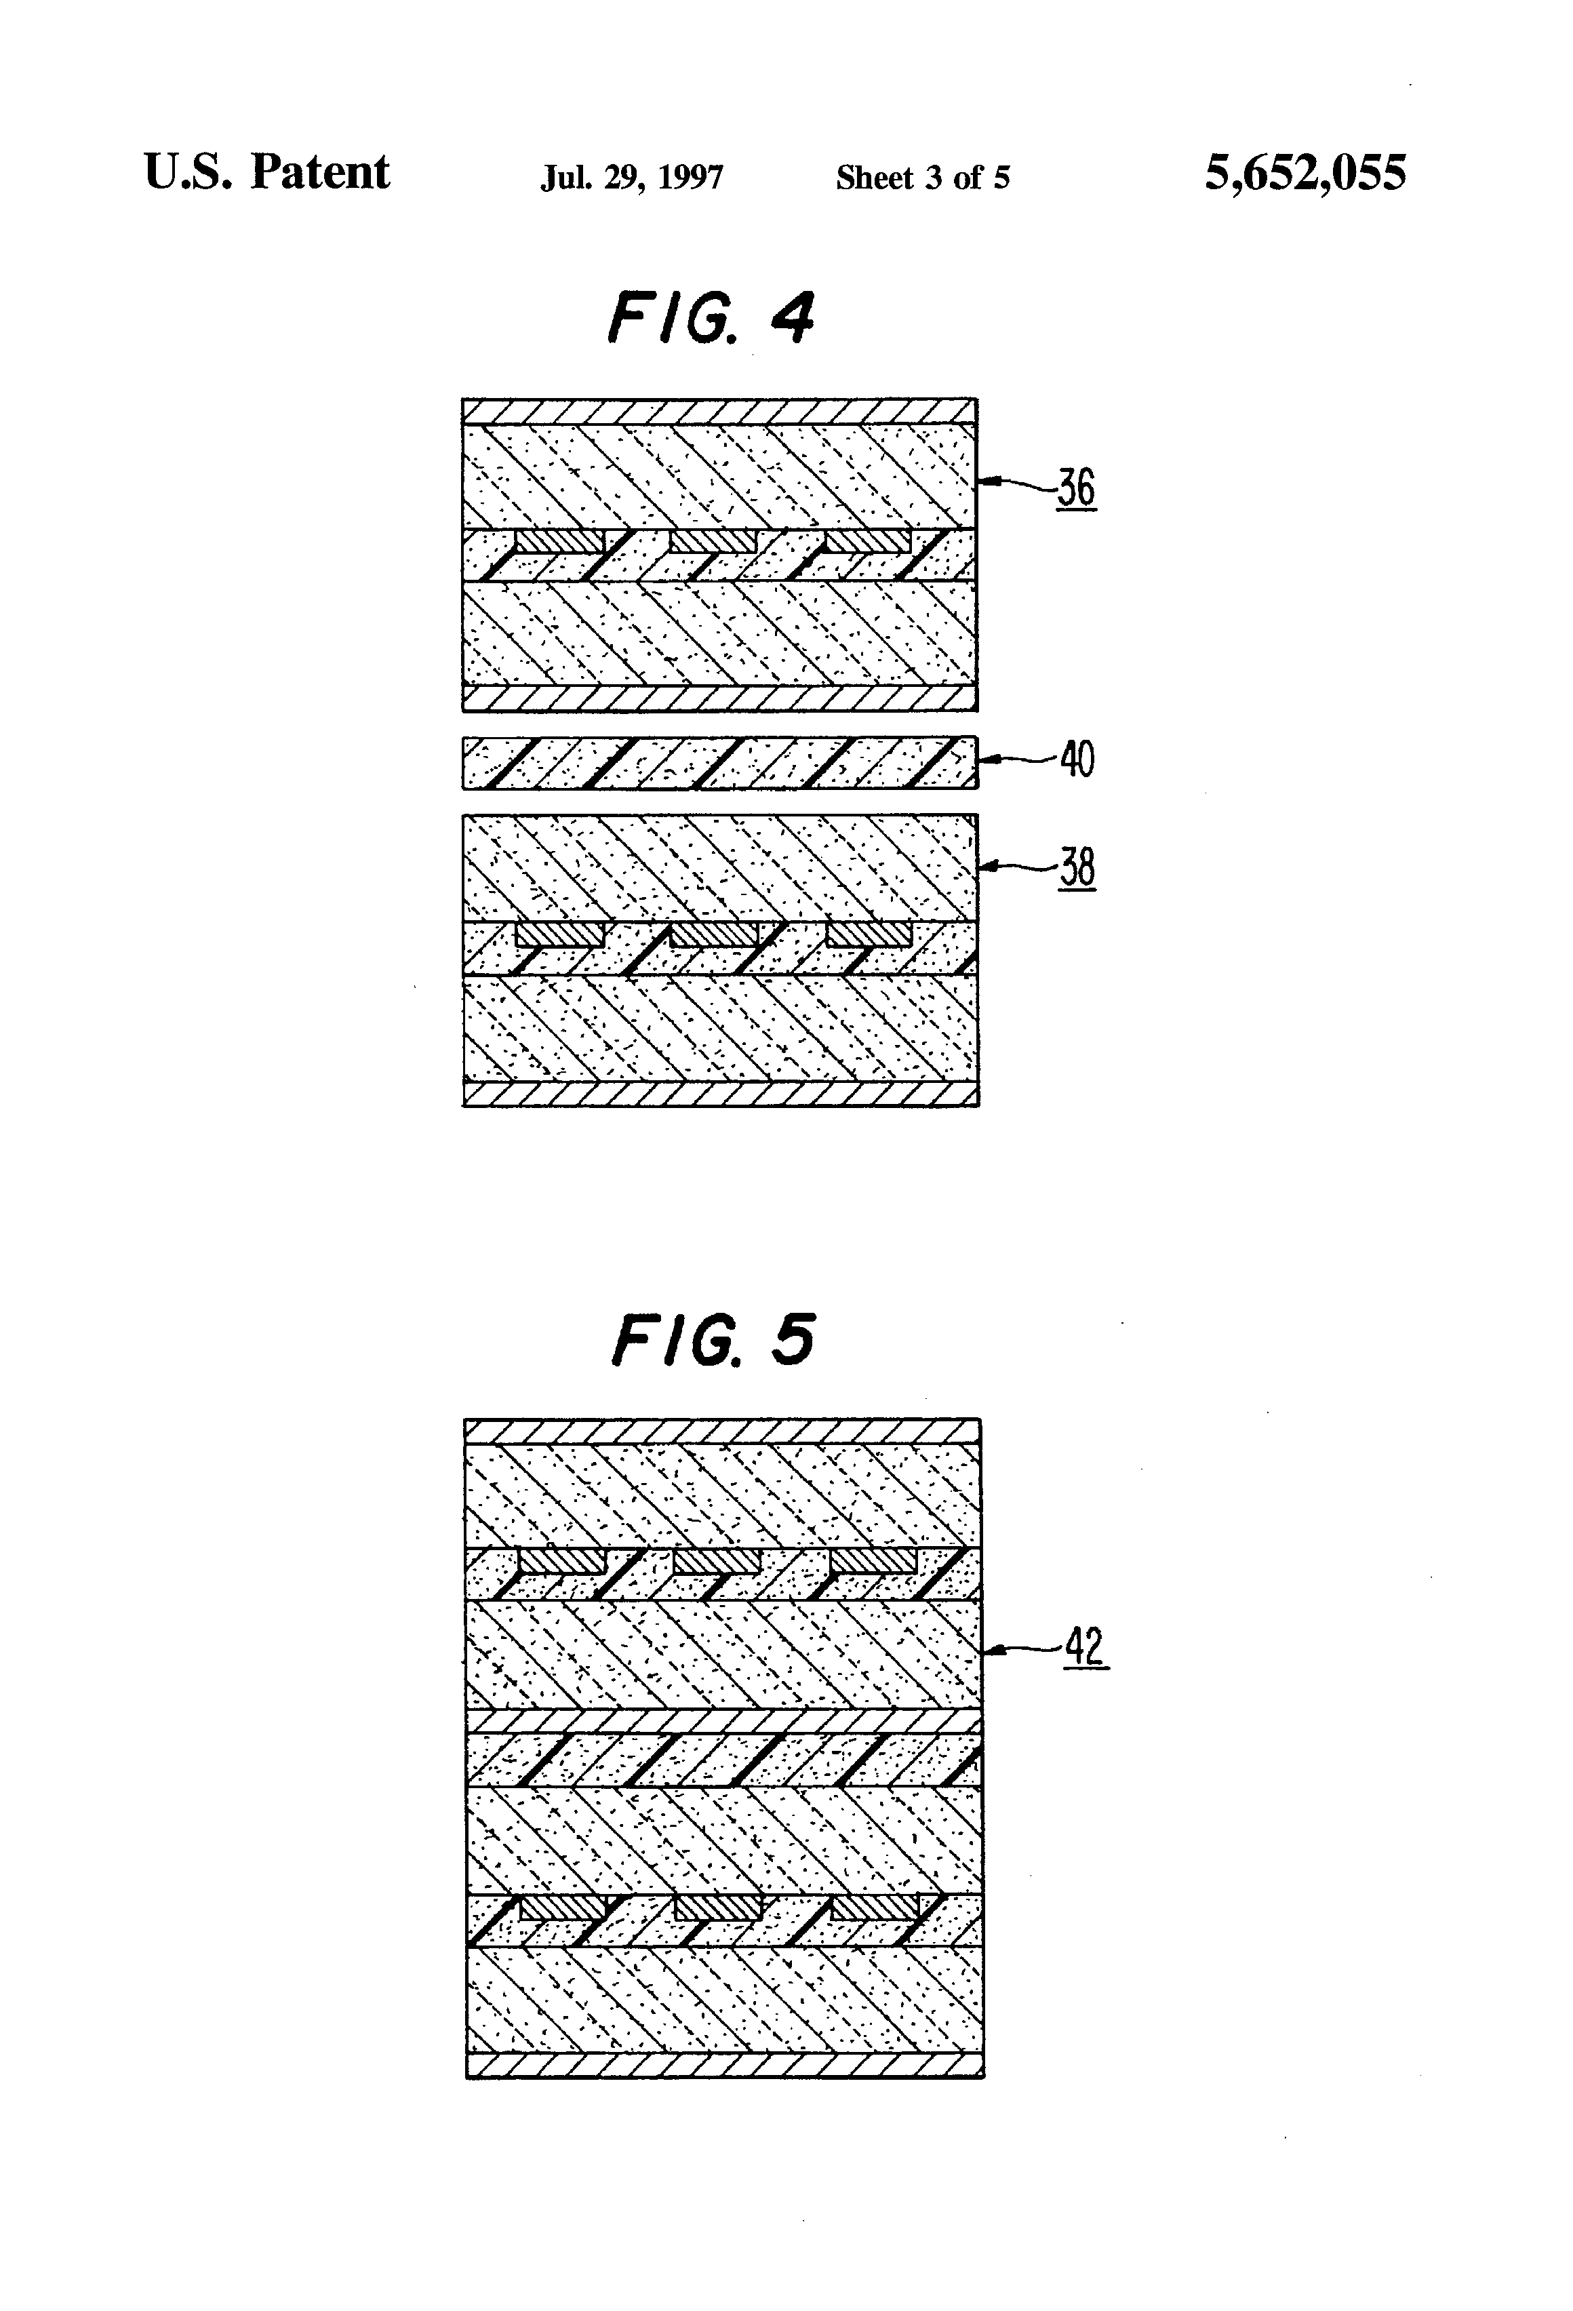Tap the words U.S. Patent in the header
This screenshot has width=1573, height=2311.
click(x=266, y=172)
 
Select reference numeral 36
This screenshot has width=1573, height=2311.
click(x=1076, y=488)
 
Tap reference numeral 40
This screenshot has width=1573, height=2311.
click(x=1077, y=759)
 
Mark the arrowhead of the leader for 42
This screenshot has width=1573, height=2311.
click(x=991, y=1651)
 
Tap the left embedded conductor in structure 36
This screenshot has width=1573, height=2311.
click(x=560, y=541)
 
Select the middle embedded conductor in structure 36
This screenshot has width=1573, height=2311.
click(x=713, y=541)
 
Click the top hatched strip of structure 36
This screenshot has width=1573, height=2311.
click(x=720, y=412)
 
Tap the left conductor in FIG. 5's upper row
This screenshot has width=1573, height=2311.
click(x=562, y=1561)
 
